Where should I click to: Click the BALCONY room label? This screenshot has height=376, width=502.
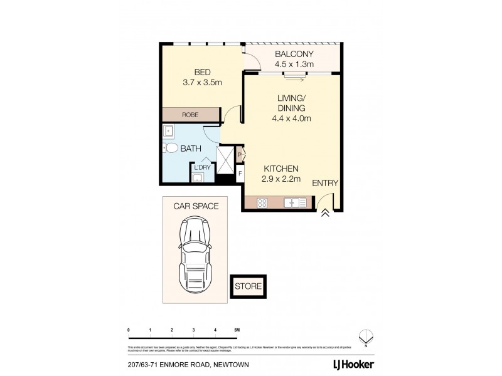coord(294,53)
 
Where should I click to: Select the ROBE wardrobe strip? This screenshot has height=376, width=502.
coord(190,115)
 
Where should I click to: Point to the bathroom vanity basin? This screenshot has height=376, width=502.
coord(168,132)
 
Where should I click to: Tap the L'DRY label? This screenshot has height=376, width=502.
coord(202,167)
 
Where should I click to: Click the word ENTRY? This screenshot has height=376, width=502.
coord(326,184)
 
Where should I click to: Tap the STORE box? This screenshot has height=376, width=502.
coord(248,286)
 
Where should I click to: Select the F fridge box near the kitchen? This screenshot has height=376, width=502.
coord(240,174)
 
